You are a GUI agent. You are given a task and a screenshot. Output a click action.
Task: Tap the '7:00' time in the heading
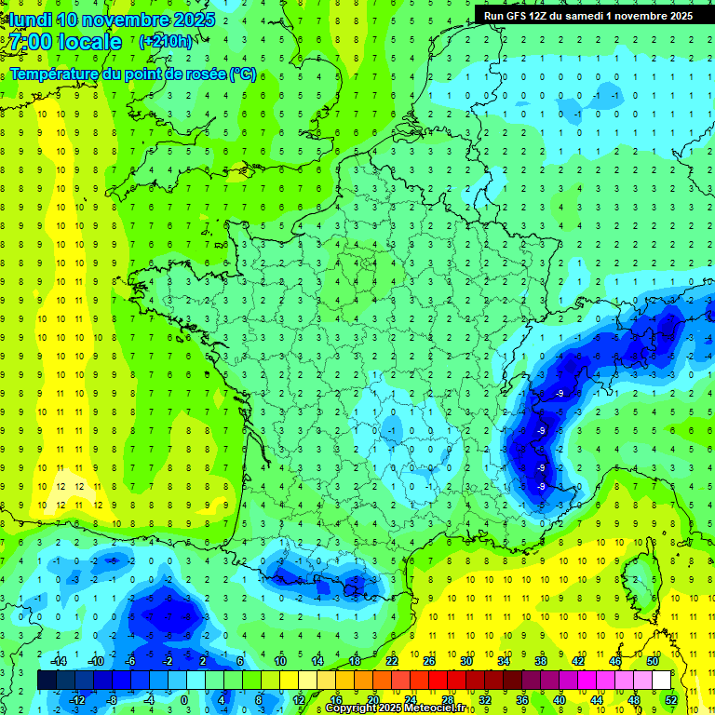coord(29,42)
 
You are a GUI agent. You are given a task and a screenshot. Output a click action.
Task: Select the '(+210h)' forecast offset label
coord(166,42)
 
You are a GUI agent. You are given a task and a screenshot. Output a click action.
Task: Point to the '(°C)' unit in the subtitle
coord(242,74)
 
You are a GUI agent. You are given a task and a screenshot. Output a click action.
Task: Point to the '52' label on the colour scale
coord(671,700)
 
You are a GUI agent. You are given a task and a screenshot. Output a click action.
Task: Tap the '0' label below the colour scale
coord(184,700)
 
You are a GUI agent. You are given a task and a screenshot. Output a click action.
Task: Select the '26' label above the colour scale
coord(429,661)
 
